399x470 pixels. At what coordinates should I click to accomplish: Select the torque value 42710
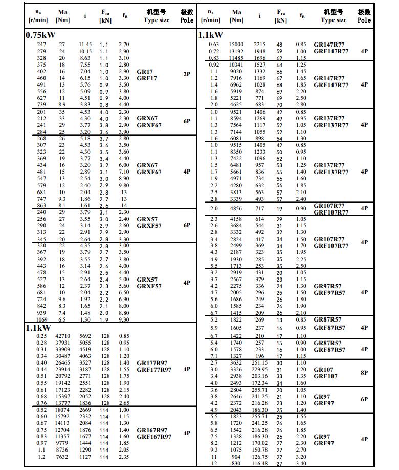tap(61, 336)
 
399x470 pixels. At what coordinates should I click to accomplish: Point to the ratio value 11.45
tap(85, 45)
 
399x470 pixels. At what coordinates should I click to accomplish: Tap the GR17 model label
tap(145, 71)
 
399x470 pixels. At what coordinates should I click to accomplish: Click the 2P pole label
tap(187, 74)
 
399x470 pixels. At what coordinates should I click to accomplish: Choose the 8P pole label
tap(364, 373)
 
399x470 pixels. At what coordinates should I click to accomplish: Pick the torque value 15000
tap(236, 45)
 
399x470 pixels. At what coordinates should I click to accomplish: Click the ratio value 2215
tap(260, 45)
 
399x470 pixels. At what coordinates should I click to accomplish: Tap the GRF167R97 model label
tap(154, 436)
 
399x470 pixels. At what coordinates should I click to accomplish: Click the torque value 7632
tap(61, 457)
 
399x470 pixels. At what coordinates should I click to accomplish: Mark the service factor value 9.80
tap(124, 185)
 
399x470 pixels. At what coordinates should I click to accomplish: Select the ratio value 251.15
tap(260, 362)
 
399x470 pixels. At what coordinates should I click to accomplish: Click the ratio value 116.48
tap(260, 463)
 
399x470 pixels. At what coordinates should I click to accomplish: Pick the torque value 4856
tap(236, 209)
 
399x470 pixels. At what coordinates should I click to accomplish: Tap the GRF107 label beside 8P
tap(326, 376)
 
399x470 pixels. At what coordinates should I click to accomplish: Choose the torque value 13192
tap(236, 51)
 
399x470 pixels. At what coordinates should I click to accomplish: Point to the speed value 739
tap(41, 104)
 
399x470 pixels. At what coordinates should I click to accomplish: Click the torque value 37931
tap(61, 343)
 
